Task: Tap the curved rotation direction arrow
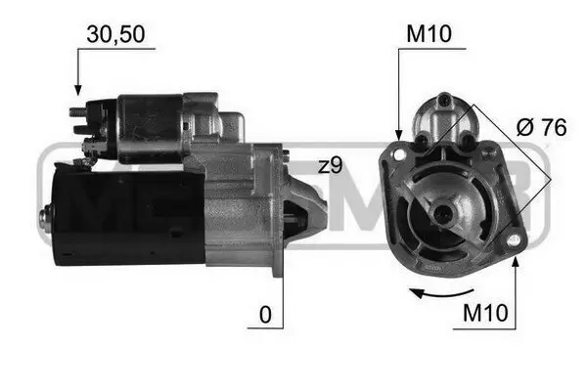click(435, 290)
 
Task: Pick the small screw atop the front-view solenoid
click(443, 98)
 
